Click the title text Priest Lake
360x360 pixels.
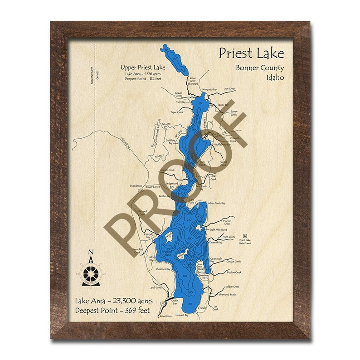coord(251,54)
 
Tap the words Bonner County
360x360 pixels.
coord(260,68)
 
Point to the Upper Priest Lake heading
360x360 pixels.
coord(143,67)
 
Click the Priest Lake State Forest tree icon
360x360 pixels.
coord(245,236)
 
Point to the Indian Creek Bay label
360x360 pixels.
coord(216,204)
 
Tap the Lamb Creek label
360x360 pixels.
coord(156,287)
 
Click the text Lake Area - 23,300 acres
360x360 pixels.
coord(114,301)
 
